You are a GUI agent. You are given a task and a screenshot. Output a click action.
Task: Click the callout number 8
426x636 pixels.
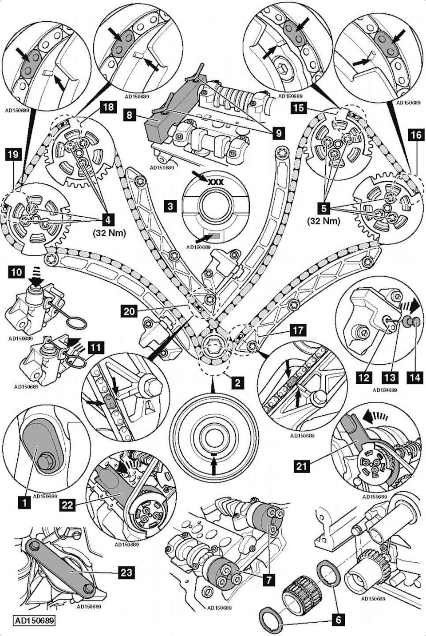click(x=129, y=116)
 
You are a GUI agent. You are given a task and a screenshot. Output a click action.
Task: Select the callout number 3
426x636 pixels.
click(x=170, y=206)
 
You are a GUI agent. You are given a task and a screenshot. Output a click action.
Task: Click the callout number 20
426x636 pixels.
click(x=129, y=311)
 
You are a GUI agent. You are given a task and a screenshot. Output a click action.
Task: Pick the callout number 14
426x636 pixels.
click(x=416, y=378)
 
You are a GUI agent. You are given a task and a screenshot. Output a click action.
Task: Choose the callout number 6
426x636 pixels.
click(x=339, y=620)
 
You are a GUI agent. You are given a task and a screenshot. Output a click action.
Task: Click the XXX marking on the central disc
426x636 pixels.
click(x=216, y=182)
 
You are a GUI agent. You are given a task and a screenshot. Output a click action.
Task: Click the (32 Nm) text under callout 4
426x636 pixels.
click(x=109, y=233)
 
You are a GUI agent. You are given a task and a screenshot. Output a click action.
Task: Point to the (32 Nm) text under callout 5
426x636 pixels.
click(x=323, y=221)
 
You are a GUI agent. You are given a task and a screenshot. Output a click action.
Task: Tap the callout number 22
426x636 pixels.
click(x=67, y=505)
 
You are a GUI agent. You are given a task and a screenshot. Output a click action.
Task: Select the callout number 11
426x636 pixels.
click(x=96, y=347)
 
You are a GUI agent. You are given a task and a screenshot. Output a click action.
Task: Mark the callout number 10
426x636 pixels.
click(x=16, y=272)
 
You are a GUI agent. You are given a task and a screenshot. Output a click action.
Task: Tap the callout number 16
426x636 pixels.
click(x=416, y=135)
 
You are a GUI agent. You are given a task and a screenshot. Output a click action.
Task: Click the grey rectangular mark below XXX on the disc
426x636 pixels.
click(x=214, y=236)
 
